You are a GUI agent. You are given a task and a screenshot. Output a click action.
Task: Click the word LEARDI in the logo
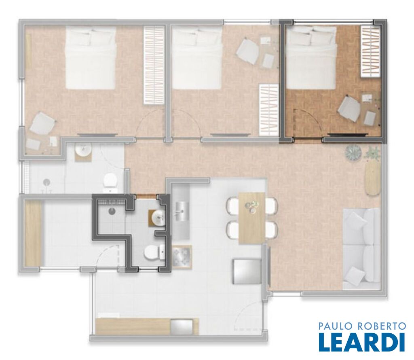(x=362, y=342)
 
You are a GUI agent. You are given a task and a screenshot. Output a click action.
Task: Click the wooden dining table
(x=251, y=218)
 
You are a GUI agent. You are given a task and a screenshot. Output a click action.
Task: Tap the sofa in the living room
(x=361, y=249)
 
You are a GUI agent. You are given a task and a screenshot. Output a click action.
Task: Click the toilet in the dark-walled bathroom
(x=154, y=252)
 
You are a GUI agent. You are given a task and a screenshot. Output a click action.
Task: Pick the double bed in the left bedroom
(x=91, y=58)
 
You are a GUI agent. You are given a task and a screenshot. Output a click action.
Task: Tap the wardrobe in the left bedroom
(x=154, y=65)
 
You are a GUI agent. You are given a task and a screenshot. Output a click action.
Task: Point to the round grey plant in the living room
(x=353, y=152)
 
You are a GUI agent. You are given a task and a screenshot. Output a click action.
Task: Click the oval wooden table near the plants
(x=372, y=177)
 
